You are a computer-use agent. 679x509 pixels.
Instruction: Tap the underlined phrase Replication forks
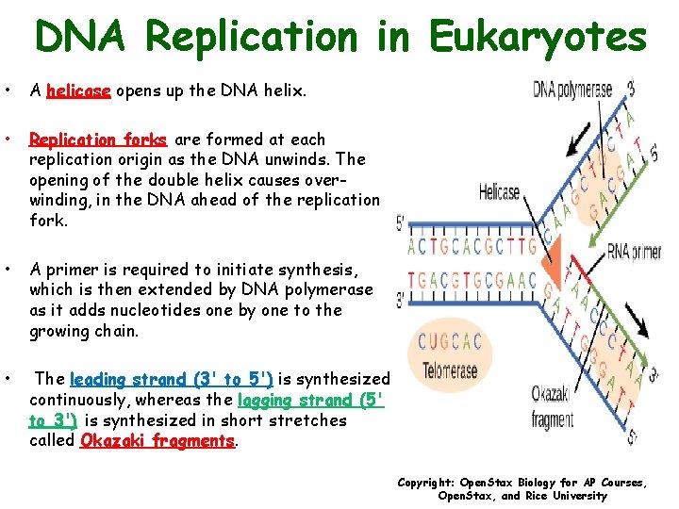pos(98,140)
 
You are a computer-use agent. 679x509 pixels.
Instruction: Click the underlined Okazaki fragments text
pos(158,440)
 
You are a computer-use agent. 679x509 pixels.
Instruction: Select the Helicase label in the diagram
pos(499,192)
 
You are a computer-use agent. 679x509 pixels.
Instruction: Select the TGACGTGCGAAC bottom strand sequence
pos(472,280)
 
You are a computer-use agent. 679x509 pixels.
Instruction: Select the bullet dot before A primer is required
pos(8,271)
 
